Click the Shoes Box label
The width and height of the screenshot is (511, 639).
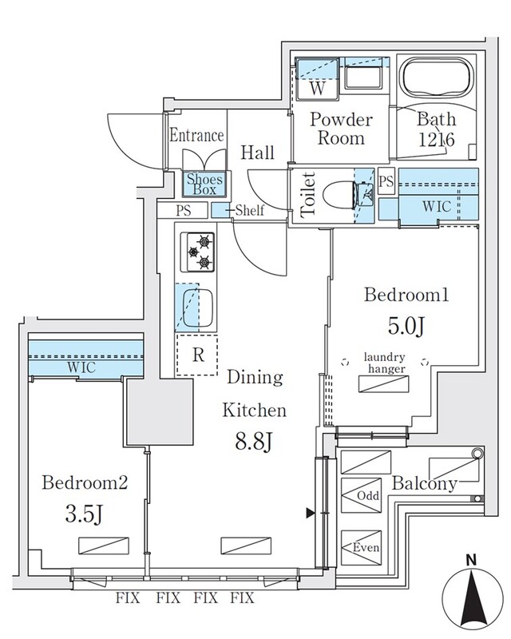(204, 185)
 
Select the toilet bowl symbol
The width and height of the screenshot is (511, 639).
(347, 195)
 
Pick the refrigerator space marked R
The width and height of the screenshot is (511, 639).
(197, 355)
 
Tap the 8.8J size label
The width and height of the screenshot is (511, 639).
(253, 441)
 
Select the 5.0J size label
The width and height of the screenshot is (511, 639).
(406, 325)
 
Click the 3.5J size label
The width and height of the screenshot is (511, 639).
(84, 514)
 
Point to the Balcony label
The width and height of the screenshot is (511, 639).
(424, 484)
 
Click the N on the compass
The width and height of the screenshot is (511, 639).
(471, 561)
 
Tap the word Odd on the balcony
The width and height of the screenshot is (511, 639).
(368, 495)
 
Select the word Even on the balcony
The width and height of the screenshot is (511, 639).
(366, 547)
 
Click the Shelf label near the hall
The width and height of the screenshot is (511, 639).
(249, 210)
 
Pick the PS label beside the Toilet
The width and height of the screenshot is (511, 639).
(386, 181)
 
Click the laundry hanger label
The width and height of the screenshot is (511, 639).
(385, 363)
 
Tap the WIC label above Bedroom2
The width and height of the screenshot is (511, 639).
(81, 367)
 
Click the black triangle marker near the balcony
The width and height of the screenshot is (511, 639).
(311, 513)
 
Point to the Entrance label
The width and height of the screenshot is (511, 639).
(196, 135)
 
